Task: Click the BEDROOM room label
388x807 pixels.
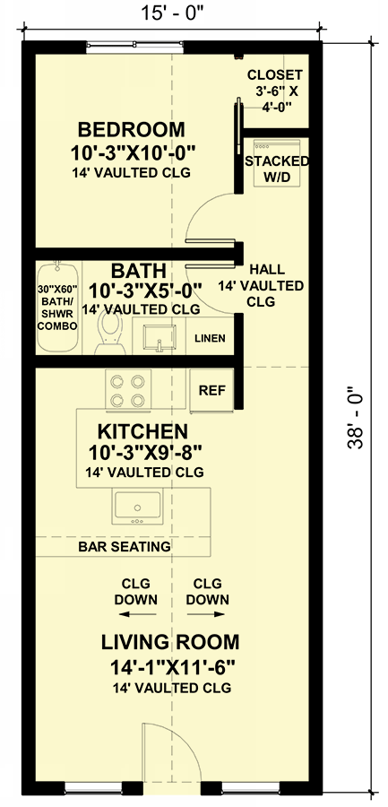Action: (x=131, y=128)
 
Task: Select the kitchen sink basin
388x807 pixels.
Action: (x=137, y=507)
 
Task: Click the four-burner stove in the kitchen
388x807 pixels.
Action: (x=128, y=391)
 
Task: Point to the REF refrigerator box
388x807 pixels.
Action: (x=212, y=390)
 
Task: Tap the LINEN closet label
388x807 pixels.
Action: (x=210, y=338)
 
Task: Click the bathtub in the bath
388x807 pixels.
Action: (x=57, y=308)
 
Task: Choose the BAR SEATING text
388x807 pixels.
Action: (x=125, y=546)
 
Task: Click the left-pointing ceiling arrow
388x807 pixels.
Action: (x=137, y=613)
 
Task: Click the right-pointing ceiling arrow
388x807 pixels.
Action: (x=206, y=613)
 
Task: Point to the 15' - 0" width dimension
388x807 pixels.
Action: (x=172, y=13)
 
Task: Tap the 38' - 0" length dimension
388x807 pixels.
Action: (x=355, y=417)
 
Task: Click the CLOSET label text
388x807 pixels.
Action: (x=275, y=75)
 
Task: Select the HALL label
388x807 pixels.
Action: (x=266, y=269)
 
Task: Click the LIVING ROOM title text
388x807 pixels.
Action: (x=170, y=642)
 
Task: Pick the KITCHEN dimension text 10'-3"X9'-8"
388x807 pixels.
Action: (x=145, y=454)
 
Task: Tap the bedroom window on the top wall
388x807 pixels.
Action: (x=134, y=47)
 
